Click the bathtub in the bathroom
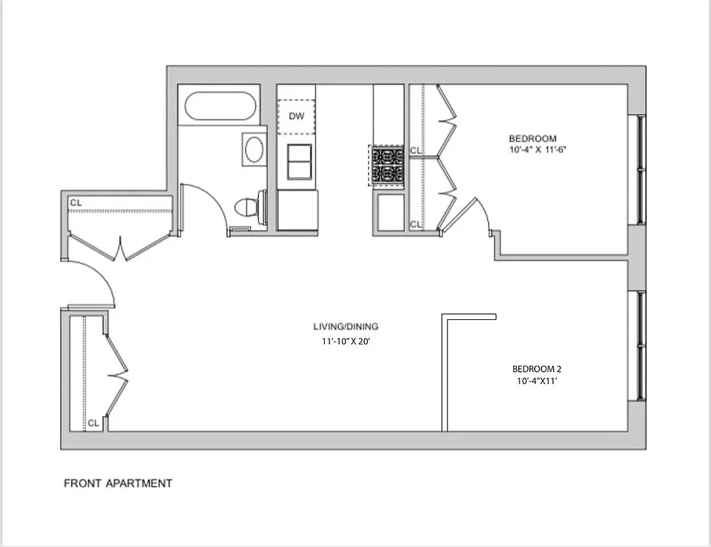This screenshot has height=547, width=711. click(x=220, y=106)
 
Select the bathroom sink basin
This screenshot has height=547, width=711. click(x=254, y=149)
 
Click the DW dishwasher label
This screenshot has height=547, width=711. click(x=296, y=116)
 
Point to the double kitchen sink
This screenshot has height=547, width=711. click(x=299, y=161)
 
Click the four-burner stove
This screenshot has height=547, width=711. click(x=387, y=165)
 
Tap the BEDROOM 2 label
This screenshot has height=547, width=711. click(x=537, y=369)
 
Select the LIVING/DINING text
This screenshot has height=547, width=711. click(x=346, y=326)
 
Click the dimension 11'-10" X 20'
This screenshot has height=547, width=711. click(x=346, y=341)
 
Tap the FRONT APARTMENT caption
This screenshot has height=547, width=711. click(x=118, y=483)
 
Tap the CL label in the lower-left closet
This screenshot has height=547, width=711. click(x=94, y=423)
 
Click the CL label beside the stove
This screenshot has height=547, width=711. click(x=416, y=150)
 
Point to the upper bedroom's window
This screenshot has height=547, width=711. click(x=641, y=170)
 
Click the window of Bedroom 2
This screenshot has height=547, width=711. click(x=641, y=345)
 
